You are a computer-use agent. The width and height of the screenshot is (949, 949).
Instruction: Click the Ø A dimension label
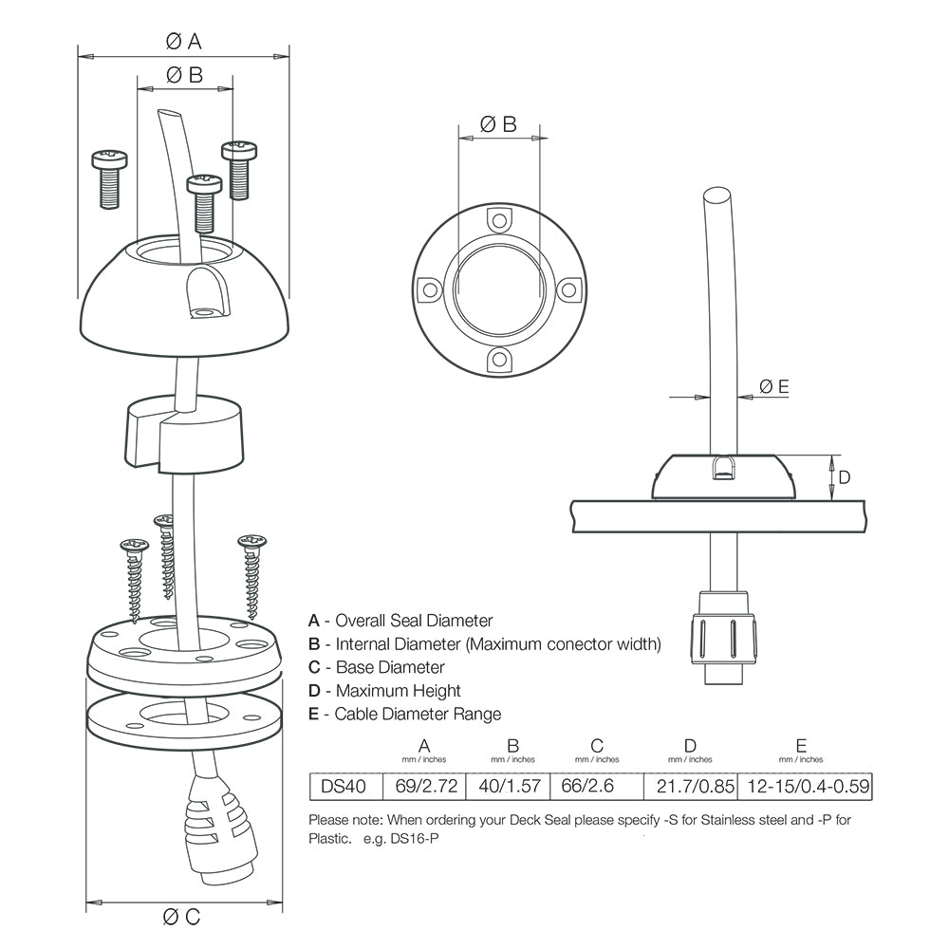[x=183, y=41]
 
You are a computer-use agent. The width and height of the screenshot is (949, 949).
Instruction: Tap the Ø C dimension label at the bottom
[x=181, y=916]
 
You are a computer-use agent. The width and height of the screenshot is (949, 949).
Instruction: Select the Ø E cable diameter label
[x=773, y=386]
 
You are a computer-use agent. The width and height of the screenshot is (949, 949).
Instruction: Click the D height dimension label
[x=845, y=476]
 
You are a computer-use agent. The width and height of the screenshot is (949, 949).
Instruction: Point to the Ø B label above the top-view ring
[x=498, y=123]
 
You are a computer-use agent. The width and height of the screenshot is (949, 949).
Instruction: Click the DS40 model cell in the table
[x=345, y=786]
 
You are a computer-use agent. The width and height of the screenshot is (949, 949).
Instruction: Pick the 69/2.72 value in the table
[x=423, y=786]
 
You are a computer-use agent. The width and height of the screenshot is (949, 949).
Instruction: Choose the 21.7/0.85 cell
[x=689, y=786]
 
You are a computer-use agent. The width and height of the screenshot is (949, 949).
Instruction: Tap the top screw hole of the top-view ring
[x=499, y=220]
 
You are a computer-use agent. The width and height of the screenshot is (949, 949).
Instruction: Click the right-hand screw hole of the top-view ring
[x=568, y=288]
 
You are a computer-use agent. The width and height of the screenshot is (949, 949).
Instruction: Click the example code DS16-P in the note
[x=417, y=840]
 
